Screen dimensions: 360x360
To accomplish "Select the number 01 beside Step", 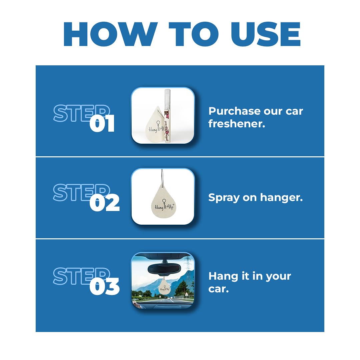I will click(x=102, y=124).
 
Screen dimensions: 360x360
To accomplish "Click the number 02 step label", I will click(x=104, y=203).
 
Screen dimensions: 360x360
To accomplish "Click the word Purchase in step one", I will click(x=235, y=111).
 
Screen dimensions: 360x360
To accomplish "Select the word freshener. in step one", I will click(x=237, y=124).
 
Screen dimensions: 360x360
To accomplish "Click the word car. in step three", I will click(x=218, y=289).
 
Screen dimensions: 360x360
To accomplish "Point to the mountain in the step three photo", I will click(x=147, y=282).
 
